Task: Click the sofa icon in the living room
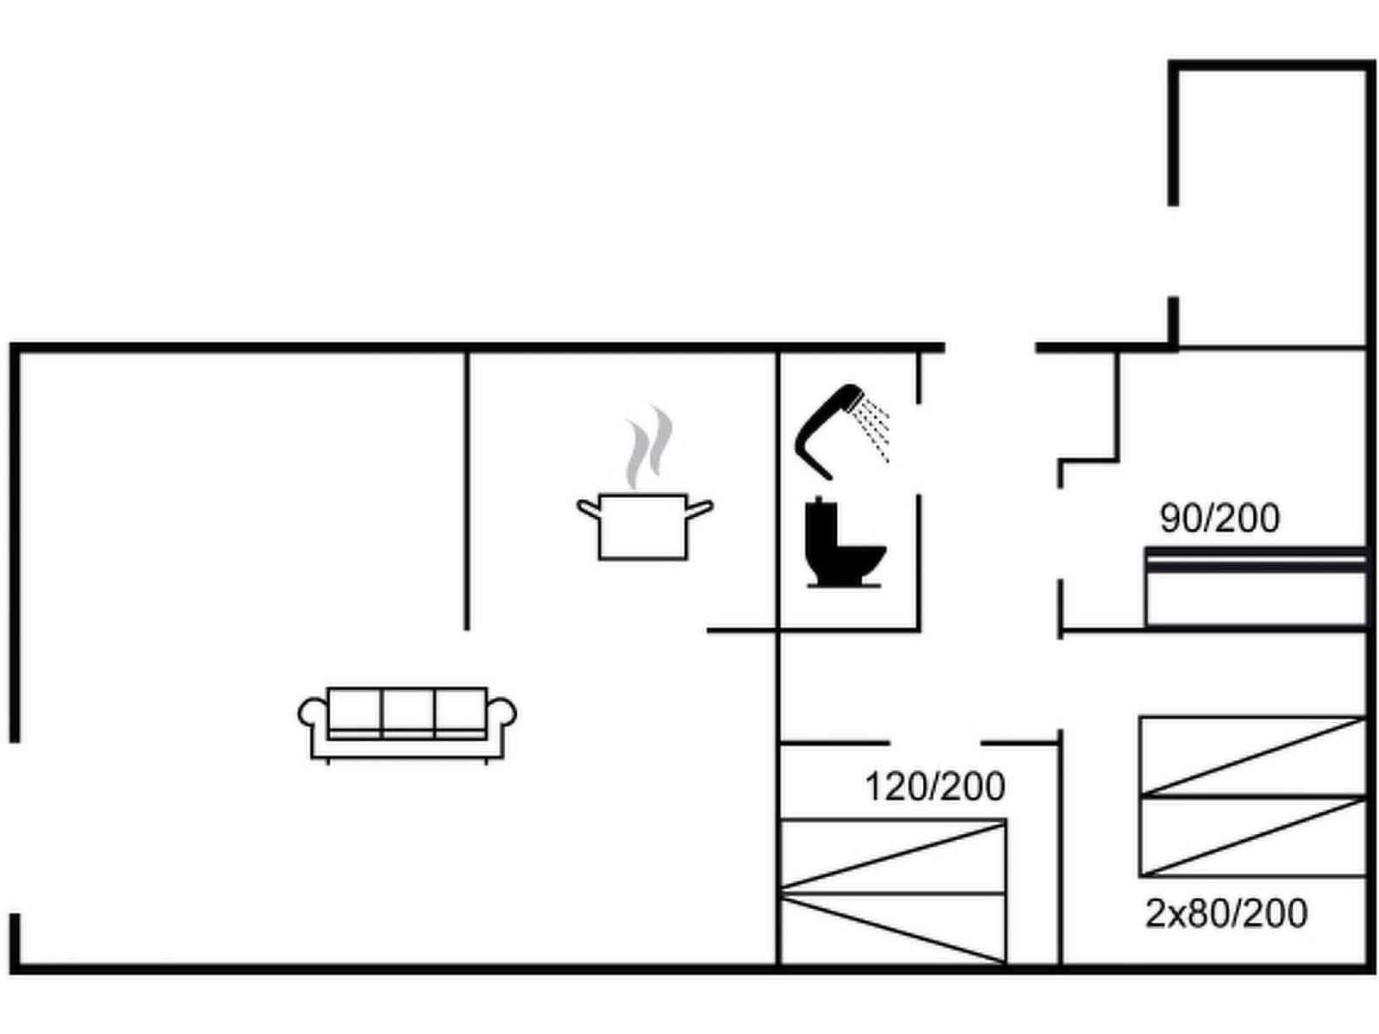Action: point(407,726)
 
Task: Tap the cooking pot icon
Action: point(645,526)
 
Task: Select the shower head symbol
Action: point(828,431)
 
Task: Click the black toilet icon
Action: point(845,543)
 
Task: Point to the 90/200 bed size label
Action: point(1220,519)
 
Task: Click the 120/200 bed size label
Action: point(935,787)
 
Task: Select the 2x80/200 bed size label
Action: point(1226,913)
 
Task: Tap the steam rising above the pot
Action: point(649,446)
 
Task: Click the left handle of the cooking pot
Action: point(588,508)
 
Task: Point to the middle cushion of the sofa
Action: point(408,713)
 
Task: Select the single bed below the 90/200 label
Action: point(1255,587)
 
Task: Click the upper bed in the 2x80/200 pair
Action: point(1252,757)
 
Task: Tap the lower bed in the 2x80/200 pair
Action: point(1252,836)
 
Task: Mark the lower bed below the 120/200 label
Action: point(893,928)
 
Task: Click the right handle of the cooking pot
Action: point(700,508)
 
